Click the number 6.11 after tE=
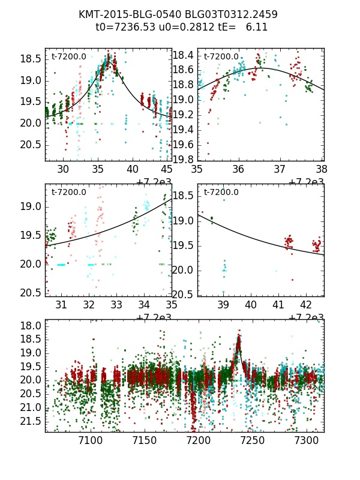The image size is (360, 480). (257, 27)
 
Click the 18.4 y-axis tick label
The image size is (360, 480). (183, 56)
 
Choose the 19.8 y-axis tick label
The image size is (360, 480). (183, 159)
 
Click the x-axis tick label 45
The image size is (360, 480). (166, 169)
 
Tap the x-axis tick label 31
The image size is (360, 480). (61, 305)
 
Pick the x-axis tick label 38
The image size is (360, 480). (321, 169)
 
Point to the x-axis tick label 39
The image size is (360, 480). (223, 305)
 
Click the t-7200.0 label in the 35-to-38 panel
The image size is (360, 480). (221, 57)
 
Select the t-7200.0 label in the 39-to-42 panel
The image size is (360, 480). (221, 193)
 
